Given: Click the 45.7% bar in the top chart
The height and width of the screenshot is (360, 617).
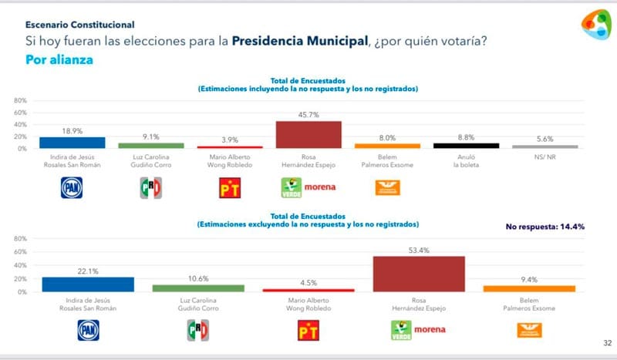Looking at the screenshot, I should pos(308,134).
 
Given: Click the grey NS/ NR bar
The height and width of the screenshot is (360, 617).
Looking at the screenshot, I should pos(545,146).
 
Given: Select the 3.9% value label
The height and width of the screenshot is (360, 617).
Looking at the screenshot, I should pos(229,140).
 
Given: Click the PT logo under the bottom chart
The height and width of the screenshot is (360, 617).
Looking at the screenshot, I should pos(308,331).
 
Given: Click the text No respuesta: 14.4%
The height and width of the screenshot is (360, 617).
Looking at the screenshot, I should pos(545,227).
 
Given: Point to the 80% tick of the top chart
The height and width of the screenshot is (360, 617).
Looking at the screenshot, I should pos(21,100).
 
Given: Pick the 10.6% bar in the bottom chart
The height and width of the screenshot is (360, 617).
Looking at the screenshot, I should pos(197,288).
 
